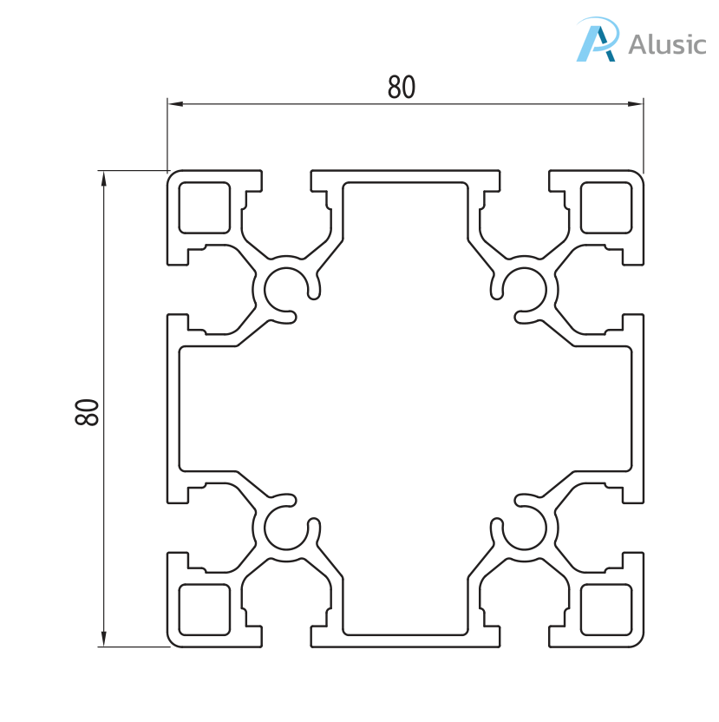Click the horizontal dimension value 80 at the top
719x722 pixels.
[x=402, y=88]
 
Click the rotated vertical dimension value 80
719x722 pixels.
[x=88, y=411]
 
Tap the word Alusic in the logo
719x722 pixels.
[x=666, y=43]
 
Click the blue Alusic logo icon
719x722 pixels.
[x=598, y=41]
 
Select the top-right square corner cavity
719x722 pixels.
[x=605, y=207]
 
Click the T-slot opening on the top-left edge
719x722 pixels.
[x=287, y=178]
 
